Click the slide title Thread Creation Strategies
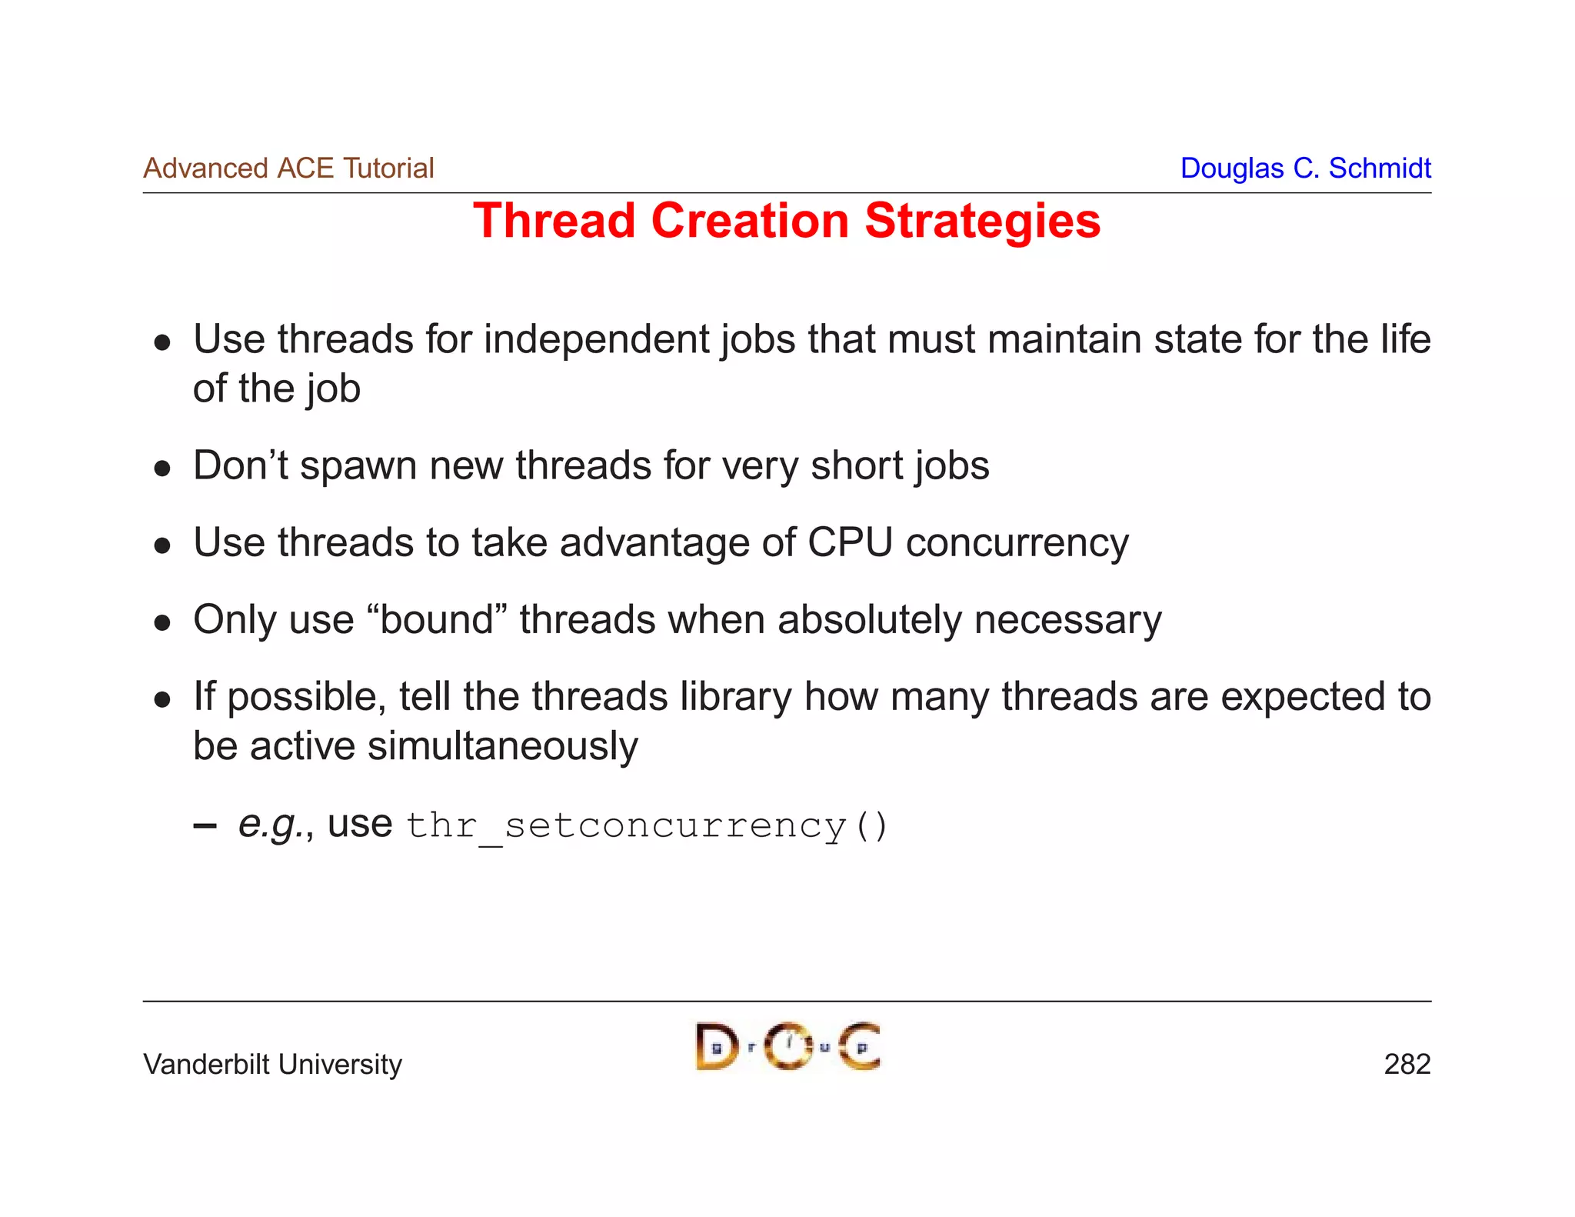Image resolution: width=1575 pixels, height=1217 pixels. tap(786, 222)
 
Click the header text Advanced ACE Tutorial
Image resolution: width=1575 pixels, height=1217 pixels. tap(288, 168)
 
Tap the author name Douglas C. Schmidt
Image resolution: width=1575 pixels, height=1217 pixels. tap(1305, 168)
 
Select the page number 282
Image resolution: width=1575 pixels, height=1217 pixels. tap(1407, 1065)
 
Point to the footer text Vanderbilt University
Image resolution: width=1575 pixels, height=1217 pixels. tap(272, 1065)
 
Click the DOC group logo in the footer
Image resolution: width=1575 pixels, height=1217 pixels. tap(787, 1047)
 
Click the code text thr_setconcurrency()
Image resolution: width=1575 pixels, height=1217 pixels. tap(646, 826)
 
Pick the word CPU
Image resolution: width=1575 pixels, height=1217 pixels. tap(850, 542)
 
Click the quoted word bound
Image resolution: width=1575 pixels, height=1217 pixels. tap(436, 619)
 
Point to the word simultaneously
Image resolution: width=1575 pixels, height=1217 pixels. tap(503, 746)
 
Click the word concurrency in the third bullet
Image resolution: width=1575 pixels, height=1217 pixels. tap(1017, 544)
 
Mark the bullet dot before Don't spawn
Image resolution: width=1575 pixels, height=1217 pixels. tap(161, 468)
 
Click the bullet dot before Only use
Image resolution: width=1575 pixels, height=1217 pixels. tap(161, 622)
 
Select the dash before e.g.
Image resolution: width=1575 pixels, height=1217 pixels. tap(205, 827)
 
